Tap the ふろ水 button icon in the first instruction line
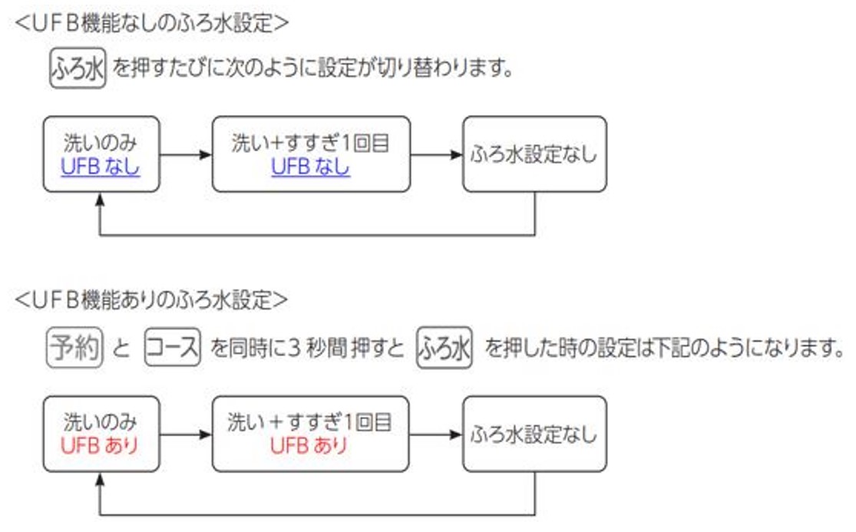(x=77, y=70)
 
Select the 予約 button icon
(x=74, y=349)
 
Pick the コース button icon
(x=172, y=349)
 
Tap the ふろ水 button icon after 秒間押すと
(x=444, y=349)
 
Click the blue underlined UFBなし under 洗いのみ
(x=101, y=167)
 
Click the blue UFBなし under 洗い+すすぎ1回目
(x=310, y=167)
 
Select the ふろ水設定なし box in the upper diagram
(x=534, y=154)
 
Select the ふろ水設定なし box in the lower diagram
(x=534, y=434)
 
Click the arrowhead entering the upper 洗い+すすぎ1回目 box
(x=205, y=154)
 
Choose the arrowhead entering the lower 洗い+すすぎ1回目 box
(x=205, y=434)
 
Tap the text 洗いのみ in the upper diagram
(x=101, y=143)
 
